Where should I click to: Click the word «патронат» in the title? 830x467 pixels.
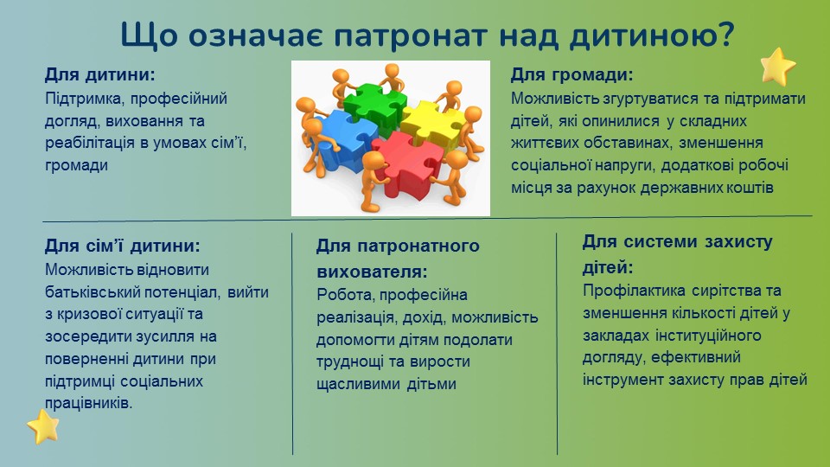click(x=410, y=36)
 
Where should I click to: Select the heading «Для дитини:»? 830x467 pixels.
click(x=100, y=74)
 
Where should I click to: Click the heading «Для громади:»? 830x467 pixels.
click(x=571, y=74)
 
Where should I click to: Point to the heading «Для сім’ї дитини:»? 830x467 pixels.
click(x=123, y=246)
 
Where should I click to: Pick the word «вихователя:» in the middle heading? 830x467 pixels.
click(x=372, y=272)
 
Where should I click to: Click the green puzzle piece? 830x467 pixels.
click(x=374, y=104)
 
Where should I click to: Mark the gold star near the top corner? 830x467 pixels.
click(x=778, y=67)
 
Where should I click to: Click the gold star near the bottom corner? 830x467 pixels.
click(x=43, y=426)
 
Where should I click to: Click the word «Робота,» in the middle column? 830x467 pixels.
click(x=346, y=294)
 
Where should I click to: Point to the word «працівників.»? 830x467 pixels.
click(x=88, y=404)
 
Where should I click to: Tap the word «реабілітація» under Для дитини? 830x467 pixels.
click(x=89, y=143)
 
